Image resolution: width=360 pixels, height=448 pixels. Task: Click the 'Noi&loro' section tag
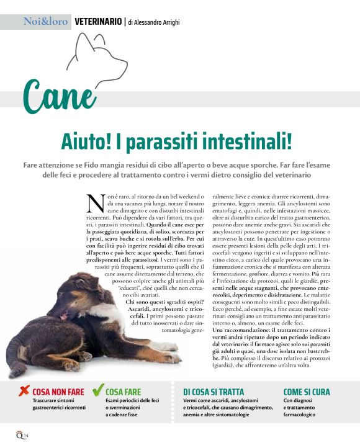click(x=45, y=22)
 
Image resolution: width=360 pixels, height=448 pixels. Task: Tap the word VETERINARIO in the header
click(x=98, y=22)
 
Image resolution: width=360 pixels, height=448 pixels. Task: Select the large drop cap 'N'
click(x=96, y=202)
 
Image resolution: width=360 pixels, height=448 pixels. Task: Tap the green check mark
click(x=97, y=390)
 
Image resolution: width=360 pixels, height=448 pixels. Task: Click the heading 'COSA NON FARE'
click(x=58, y=392)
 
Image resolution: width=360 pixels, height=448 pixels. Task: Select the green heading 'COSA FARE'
click(x=124, y=392)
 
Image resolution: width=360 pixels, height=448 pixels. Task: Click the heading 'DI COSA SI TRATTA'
click(x=214, y=392)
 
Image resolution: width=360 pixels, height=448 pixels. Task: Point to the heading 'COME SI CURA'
click(x=307, y=392)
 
